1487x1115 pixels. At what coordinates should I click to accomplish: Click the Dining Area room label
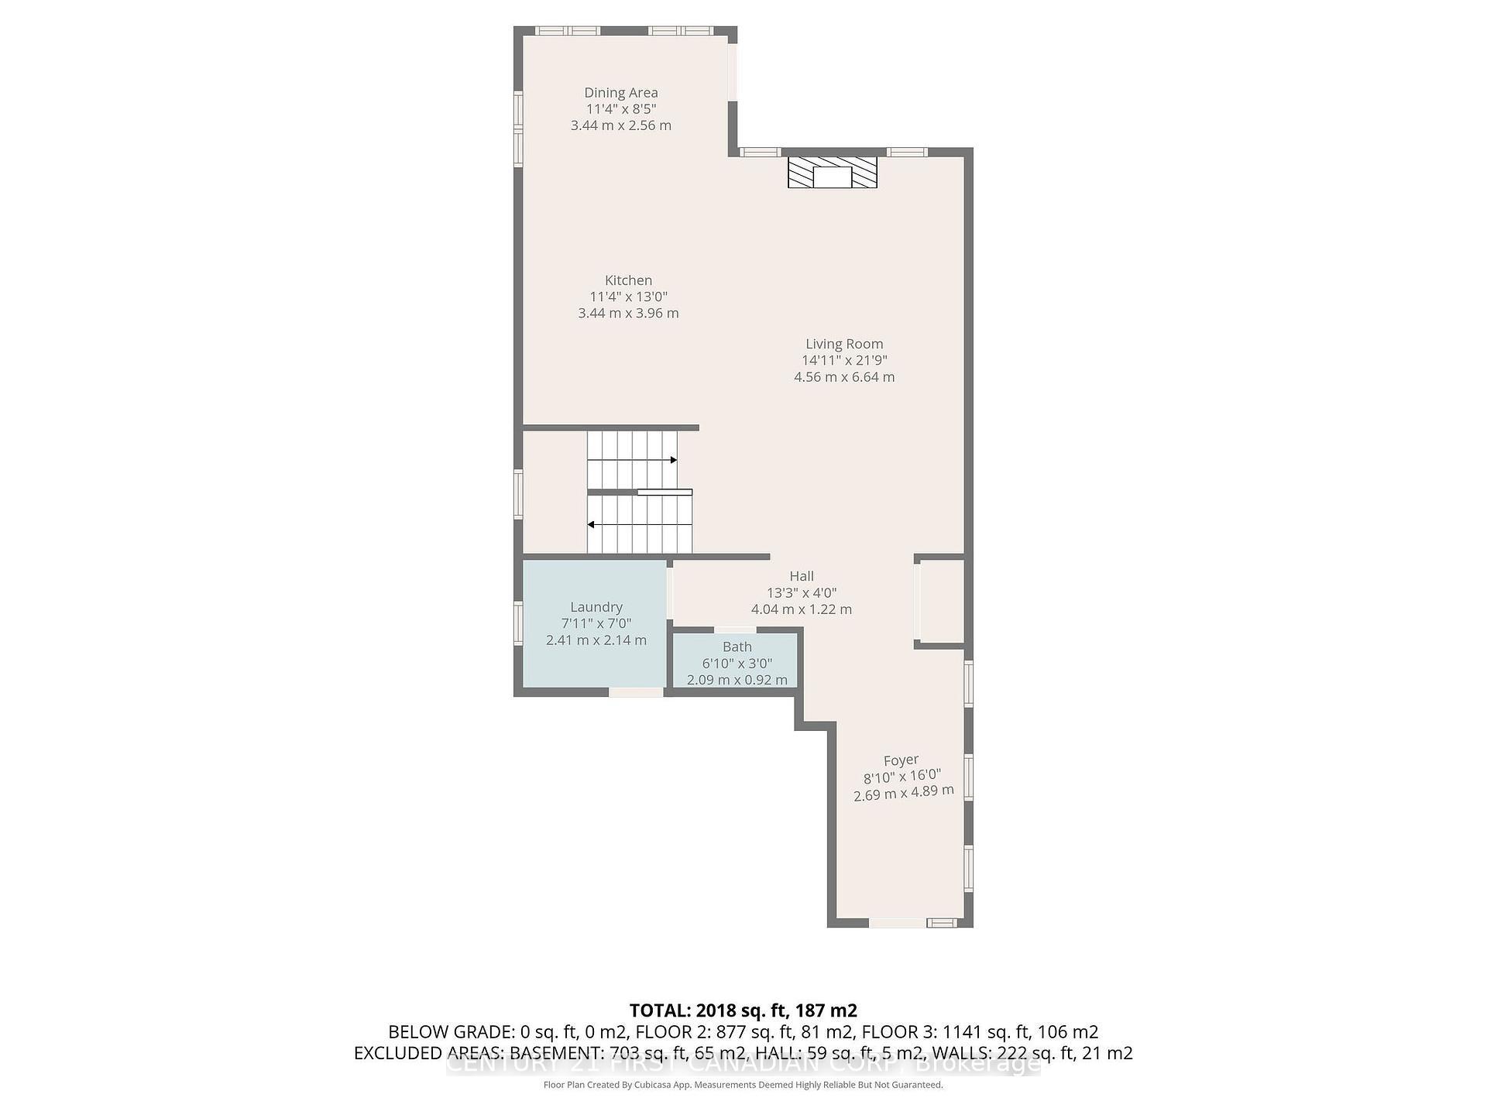point(620,92)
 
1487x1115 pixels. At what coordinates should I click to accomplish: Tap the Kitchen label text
point(628,280)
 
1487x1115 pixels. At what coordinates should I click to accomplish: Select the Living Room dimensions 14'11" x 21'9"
point(844,360)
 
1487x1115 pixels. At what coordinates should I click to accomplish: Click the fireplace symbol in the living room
point(832,173)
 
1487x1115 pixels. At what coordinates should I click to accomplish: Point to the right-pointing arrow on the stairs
point(673,460)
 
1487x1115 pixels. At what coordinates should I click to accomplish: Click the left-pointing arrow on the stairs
point(592,524)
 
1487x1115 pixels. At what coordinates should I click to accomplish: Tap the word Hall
point(802,576)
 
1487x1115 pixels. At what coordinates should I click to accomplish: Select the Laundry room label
point(596,607)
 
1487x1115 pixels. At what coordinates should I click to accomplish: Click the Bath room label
point(737,647)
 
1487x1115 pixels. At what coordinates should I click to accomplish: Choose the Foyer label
point(901,760)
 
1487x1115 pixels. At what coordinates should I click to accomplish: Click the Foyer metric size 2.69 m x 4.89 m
point(903,793)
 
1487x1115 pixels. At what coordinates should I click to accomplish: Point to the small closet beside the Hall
point(940,601)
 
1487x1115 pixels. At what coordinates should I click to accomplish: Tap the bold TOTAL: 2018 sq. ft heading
point(743,1010)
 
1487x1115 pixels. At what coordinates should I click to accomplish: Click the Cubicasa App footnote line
point(743,1085)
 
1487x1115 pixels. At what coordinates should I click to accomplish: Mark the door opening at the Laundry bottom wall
point(636,691)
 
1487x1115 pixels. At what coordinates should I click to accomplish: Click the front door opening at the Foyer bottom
point(897,922)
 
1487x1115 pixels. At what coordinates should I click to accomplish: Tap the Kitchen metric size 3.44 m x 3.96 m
point(628,314)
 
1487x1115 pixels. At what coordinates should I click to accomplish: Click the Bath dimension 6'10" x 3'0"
point(737,664)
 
